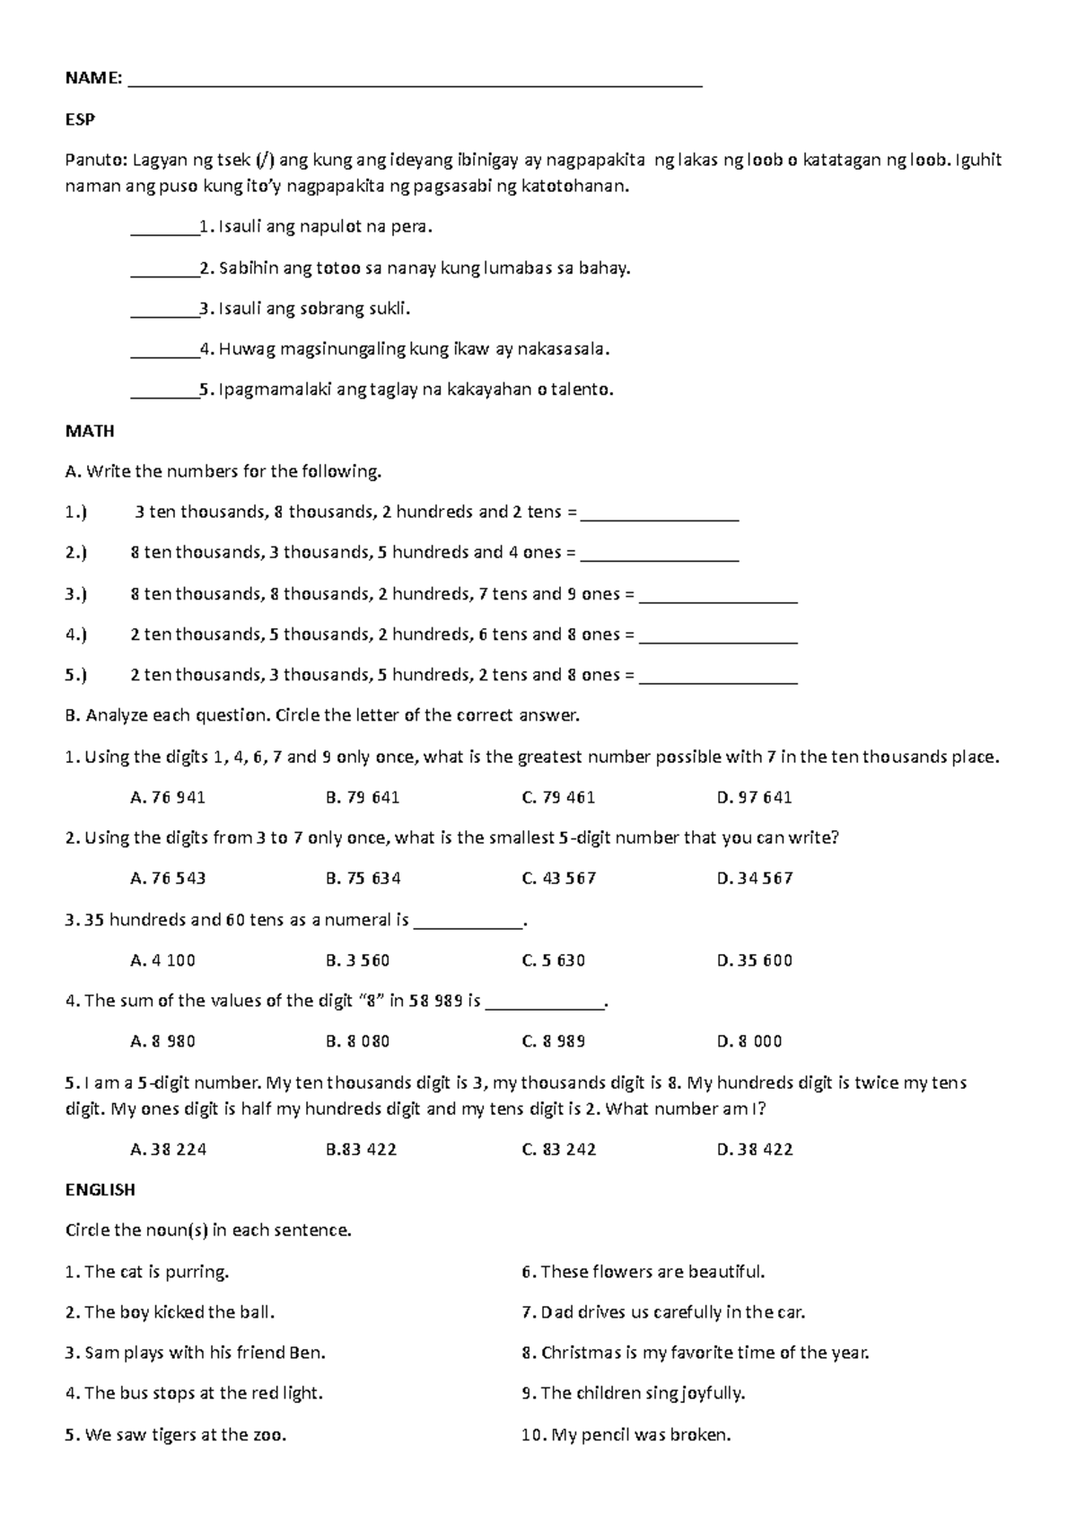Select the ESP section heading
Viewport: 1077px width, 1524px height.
pyautogui.click(x=80, y=119)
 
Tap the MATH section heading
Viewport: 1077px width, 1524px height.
pyautogui.click(x=90, y=431)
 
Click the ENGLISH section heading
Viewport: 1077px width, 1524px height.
pyautogui.click(x=100, y=1189)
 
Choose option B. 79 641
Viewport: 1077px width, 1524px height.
pyautogui.click(x=363, y=797)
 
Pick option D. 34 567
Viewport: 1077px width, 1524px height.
pyautogui.click(x=755, y=878)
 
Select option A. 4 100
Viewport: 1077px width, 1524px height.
pyautogui.click(x=162, y=960)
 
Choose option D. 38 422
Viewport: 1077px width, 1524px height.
pyautogui.click(x=755, y=1149)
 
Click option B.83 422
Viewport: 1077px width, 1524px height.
pyautogui.click(x=361, y=1149)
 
